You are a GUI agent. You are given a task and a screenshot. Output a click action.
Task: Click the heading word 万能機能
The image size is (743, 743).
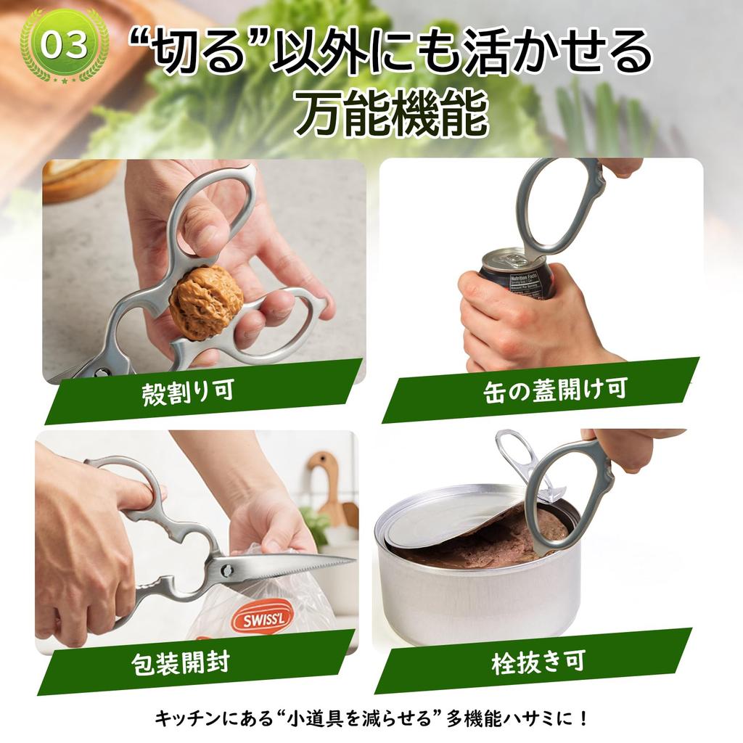(392, 115)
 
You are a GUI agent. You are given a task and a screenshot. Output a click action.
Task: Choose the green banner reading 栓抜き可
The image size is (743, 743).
(537, 662)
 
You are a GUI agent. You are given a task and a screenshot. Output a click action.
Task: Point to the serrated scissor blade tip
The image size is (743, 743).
(341, 561)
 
